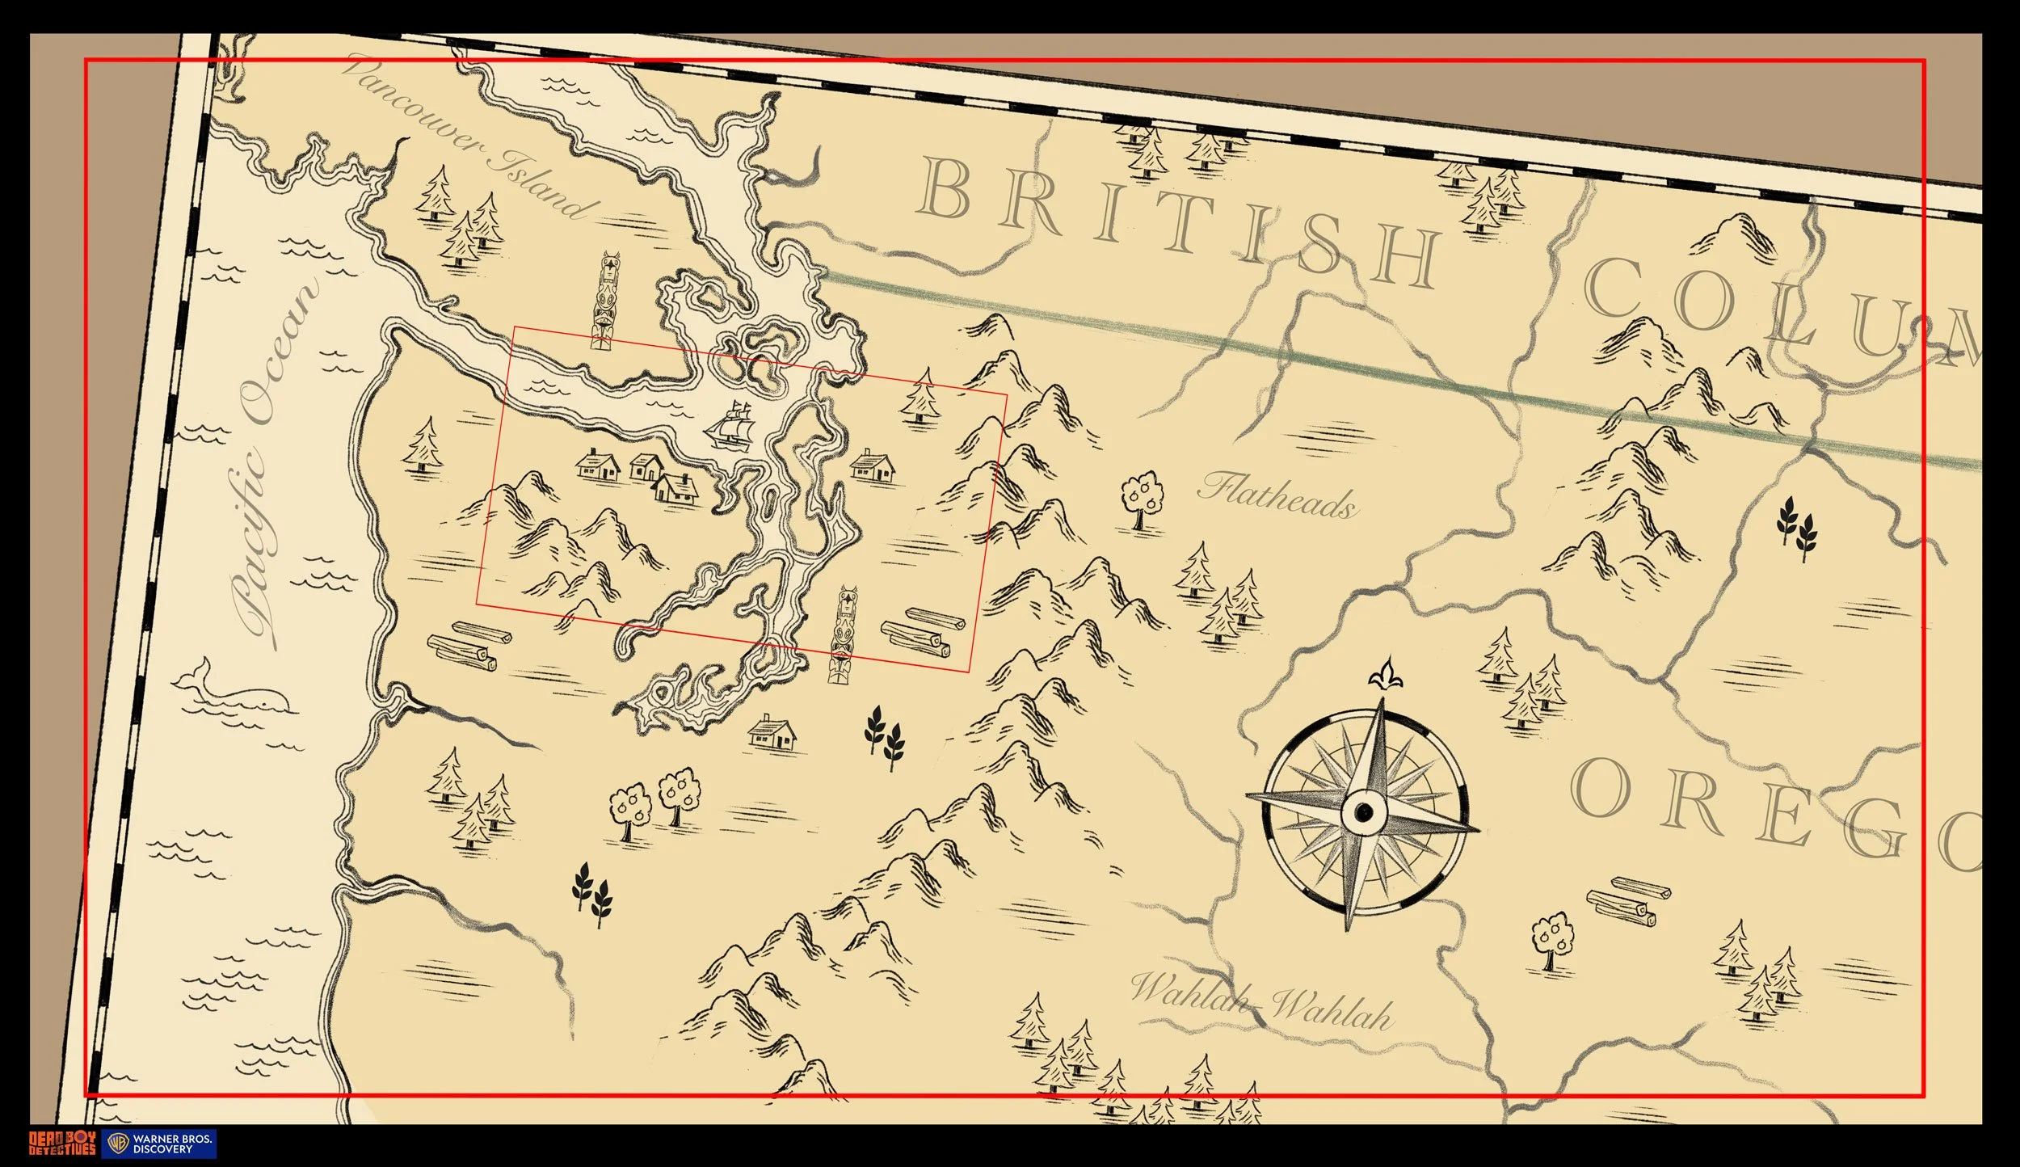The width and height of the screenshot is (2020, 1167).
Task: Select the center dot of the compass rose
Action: pyautogui.click(x=1364, y=810)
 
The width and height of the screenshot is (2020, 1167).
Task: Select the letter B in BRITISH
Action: pyautogui.click(x=945, y=187)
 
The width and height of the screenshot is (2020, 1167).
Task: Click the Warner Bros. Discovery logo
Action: pyautogui.click(x=159, y=1144)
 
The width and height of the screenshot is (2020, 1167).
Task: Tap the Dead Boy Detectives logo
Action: pyautogui.click(x=62, y=1144)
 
